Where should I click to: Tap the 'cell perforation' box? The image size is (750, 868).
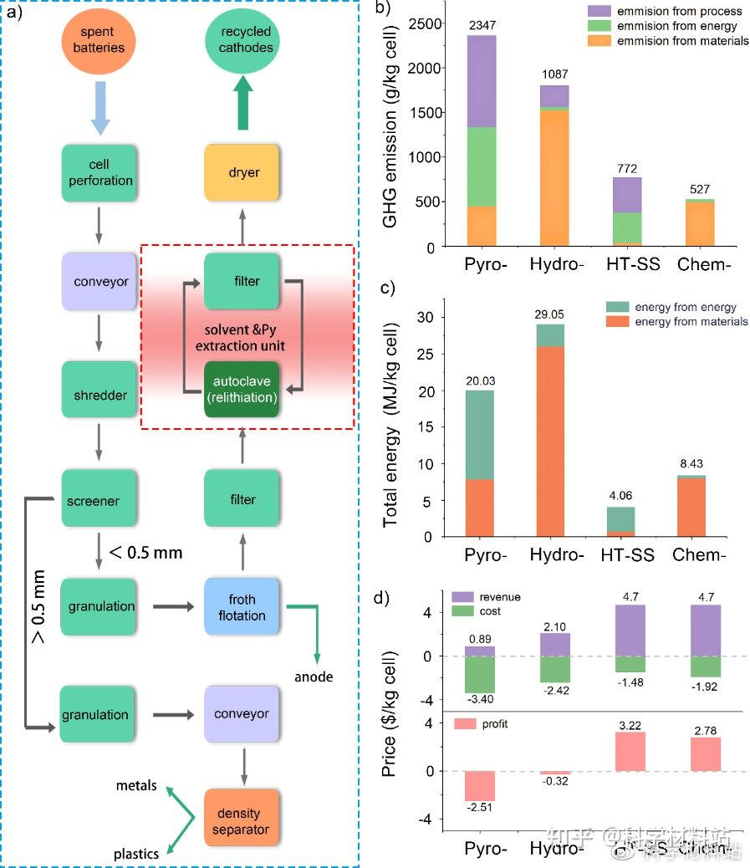point(99,172)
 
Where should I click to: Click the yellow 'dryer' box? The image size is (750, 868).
point(242,172)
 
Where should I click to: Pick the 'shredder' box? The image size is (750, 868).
point(99,394)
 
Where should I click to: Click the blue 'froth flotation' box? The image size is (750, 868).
point(242,607)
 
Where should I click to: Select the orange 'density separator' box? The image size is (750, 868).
point(242,821)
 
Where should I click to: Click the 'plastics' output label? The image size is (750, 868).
point(136,854)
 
